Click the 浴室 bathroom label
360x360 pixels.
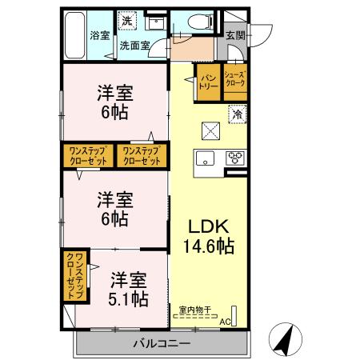(x=99, y=35)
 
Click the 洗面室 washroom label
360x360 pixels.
(x=134, y=46)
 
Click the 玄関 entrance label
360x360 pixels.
(x=235, y=35)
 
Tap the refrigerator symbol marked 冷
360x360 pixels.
(x=237, y=114)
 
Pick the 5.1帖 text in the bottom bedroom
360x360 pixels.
(x=128, y=299)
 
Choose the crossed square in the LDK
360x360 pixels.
(x=209, y=128)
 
